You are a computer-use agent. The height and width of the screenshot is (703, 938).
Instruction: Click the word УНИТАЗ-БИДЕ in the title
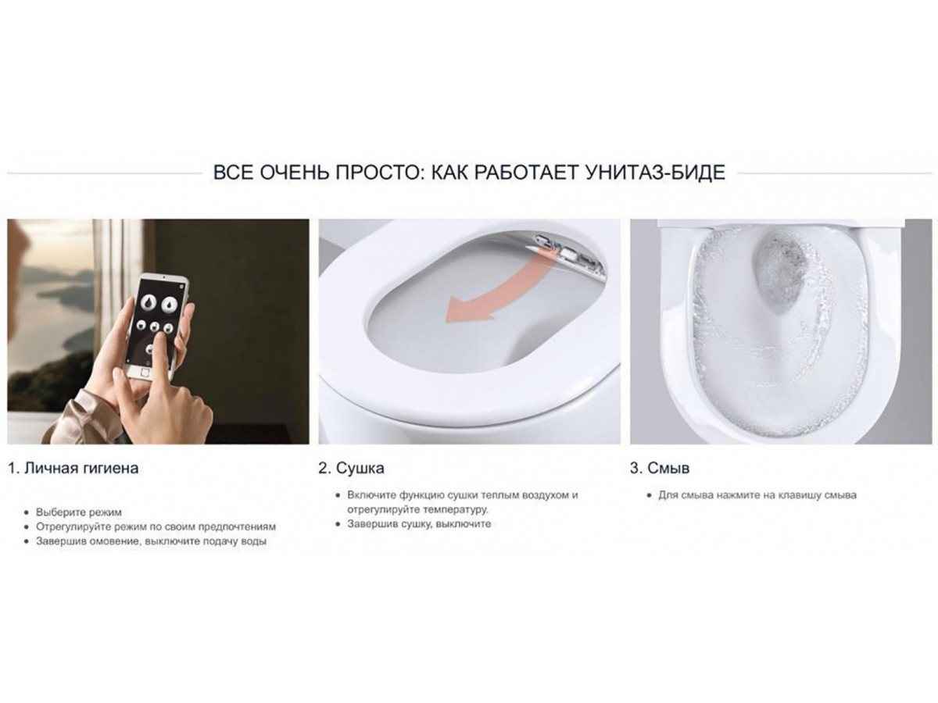655,173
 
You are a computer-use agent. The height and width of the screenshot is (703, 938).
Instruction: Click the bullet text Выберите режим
79,512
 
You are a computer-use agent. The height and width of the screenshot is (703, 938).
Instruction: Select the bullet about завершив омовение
151,541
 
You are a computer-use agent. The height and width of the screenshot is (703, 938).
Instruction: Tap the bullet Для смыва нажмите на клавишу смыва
757,495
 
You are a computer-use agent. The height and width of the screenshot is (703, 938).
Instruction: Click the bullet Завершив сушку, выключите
419,523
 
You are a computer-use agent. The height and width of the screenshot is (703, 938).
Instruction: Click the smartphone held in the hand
159,323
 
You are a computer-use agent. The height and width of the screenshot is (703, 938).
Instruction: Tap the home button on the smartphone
145,373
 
